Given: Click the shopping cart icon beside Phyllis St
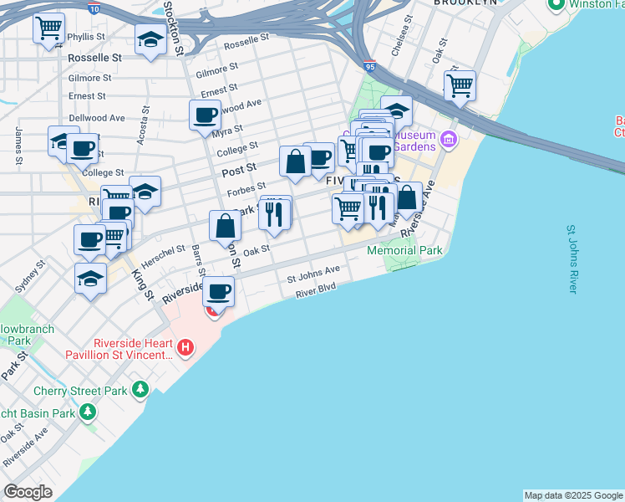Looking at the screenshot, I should pos(48,28).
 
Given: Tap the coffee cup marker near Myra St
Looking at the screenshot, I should pos(205,115).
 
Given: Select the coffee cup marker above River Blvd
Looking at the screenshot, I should pos(219,292).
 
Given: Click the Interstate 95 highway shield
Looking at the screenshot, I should pos(370,63).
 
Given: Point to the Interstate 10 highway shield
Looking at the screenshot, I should pos(94,8).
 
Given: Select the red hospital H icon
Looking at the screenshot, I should pos(185,346).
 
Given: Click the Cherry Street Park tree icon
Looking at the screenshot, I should pos(140,389).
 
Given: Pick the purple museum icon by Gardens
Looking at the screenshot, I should pos(448,139).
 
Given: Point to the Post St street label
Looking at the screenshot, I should pos(239,170).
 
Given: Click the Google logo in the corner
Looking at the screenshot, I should pos(28,492).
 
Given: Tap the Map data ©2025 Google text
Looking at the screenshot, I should pos(573,495).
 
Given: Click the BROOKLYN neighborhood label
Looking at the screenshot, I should pos(465,3).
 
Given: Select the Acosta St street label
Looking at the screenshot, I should pos(144,125).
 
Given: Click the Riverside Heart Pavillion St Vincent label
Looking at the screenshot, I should pos(117,347).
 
